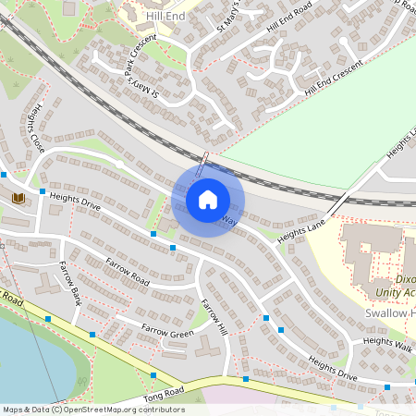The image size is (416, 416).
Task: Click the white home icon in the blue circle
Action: [x=208, y=199]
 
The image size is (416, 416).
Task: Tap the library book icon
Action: [x=18, y=198]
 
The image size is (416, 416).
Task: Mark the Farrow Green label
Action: [x=167, y=330]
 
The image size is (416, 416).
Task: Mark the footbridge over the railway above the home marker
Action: [x=204, y=160]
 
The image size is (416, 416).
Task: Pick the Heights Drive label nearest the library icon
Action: [x=76, y=201]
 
